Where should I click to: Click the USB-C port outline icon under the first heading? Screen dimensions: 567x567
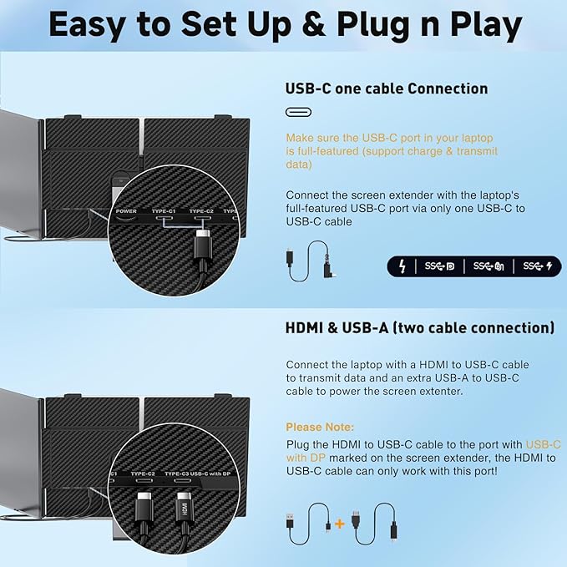(x=298, y=113)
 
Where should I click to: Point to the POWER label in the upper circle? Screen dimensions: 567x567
(x=126, y=212)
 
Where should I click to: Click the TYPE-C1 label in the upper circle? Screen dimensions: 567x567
(x=164, y=212)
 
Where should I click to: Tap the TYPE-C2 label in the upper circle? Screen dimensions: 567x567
(x=201, y=212)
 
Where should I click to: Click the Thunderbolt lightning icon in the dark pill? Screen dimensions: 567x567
(x=403, y=266)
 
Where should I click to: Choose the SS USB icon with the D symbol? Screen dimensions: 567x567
(x=439, y=266)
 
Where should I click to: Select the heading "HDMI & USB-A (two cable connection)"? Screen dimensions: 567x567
(x=420, y=327)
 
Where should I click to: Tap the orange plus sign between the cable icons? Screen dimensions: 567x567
(x=339, y=524)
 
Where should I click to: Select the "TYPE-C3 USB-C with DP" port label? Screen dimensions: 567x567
(x=199, y=473)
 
